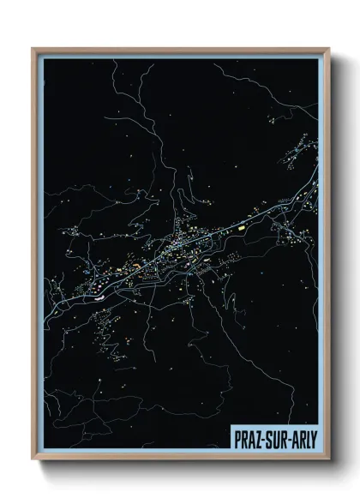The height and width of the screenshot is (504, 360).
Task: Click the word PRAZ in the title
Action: click(x=247, y=440)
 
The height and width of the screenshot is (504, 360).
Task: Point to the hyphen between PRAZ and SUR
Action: click(x=261, y=441)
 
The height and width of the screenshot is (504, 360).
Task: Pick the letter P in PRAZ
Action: click(x=237, y=440)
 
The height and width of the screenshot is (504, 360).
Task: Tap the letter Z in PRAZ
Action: click(x=256, y=440)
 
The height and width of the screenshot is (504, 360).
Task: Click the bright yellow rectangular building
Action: click(x=243, y=229)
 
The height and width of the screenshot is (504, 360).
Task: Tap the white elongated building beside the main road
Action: click(x=101, y=291)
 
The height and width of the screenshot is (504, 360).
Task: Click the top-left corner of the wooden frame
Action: click(x=33, y=49)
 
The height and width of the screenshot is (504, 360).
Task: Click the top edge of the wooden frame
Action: click(x=180, y=49)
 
